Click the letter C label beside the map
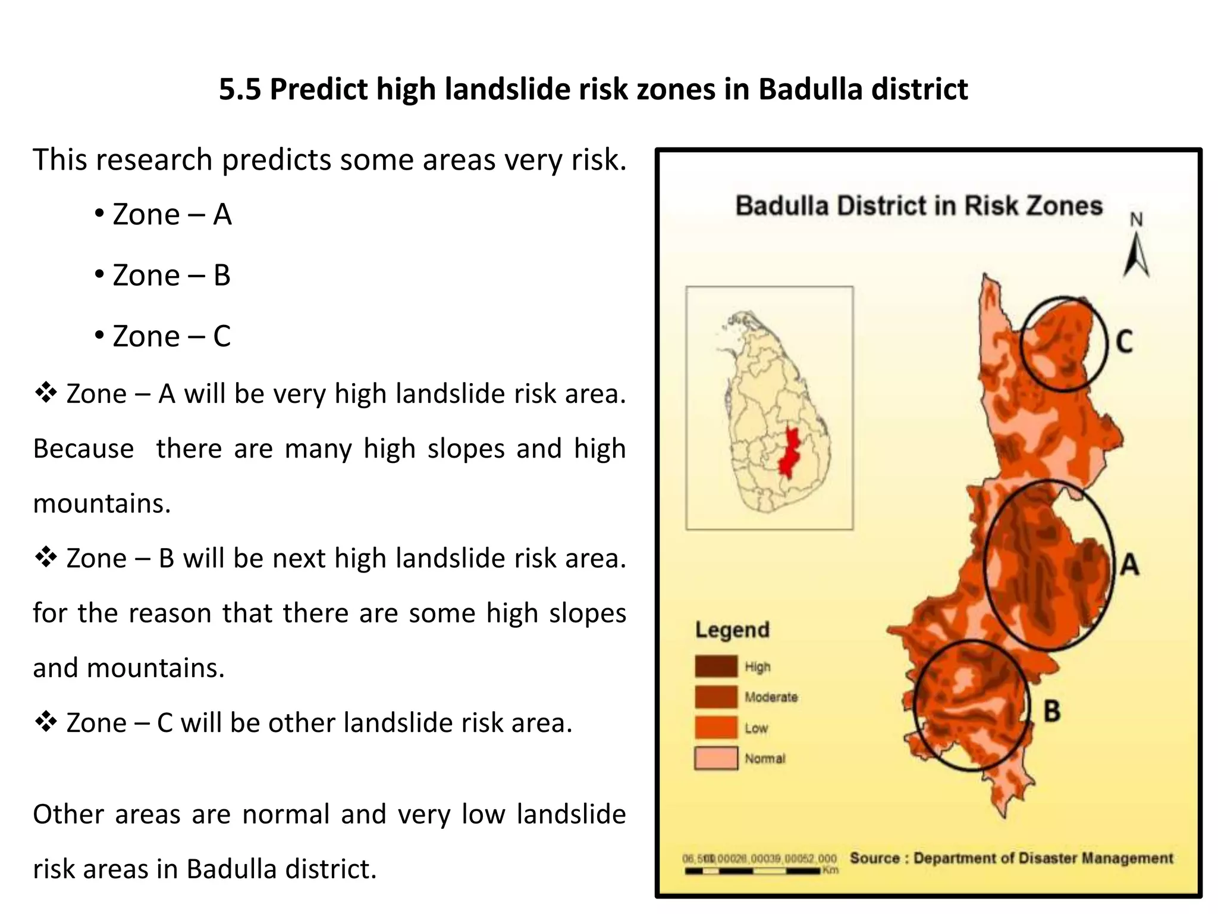(x=1124, y=342)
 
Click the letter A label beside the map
(x=1129, y=564)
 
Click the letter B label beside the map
(x=1052, y=711)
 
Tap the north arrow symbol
(x=1136, y=253)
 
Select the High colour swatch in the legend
(x=716, y=666)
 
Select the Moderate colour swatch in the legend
(x=716, y=697)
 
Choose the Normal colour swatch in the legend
(x=716, y=758)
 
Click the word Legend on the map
(x=733, y=630)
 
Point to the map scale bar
(x=753, y=871)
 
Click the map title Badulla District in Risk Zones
(x=919, y=206)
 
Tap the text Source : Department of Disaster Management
(x=1011, y=858)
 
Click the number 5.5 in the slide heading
(x=240, y=89)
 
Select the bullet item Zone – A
(x=171, y=214)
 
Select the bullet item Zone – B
(x=171, y=276)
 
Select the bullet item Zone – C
(x=171, y=336)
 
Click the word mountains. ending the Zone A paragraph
(x=102, y=503)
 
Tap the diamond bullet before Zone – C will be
(x=46, y=722)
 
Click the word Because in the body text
(x=83, y=449)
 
